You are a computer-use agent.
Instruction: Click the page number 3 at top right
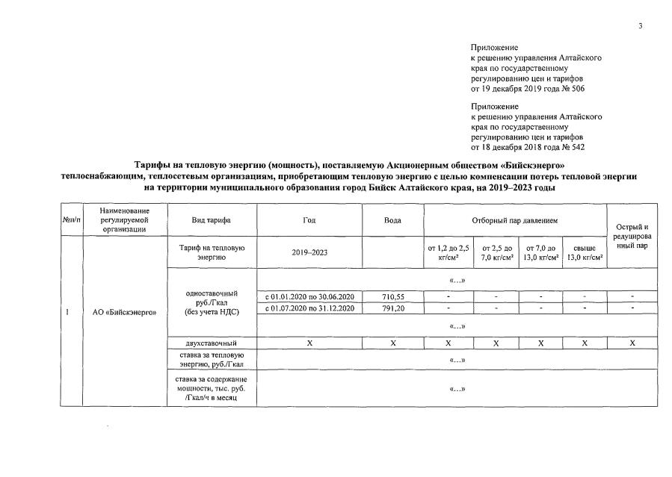pos(641,27)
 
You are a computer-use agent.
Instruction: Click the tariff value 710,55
pos(392,296)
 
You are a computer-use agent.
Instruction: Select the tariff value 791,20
pos(392,308)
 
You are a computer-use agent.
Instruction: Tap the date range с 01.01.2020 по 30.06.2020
pos(309,296)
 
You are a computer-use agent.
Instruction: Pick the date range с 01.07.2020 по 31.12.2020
pos(309,308)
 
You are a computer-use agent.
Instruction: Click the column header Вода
pos(392,220)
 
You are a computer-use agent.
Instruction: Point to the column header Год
pos(309,220)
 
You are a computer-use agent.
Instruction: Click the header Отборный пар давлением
pos(514,220)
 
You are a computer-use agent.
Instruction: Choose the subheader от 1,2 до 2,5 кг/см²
pos(448,252)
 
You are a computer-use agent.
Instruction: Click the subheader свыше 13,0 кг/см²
pos(585,252)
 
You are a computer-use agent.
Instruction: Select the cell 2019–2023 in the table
pos(309,252)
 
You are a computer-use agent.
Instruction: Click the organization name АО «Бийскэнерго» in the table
pos(124,312)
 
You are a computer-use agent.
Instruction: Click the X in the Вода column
pos(392,343)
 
